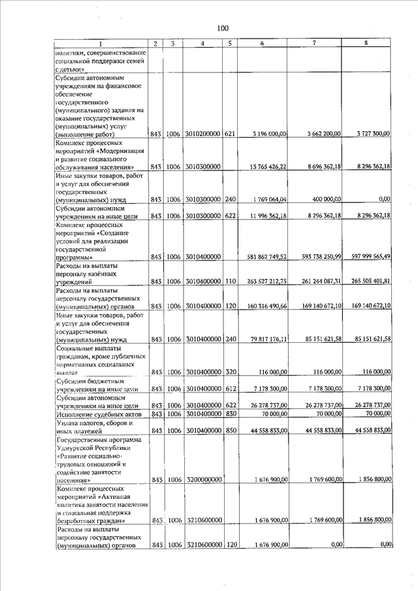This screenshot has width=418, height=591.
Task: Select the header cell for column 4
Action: coord(204,44)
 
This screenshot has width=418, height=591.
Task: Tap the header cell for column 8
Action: coord(371,44)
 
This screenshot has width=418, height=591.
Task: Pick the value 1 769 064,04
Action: coord(268,200)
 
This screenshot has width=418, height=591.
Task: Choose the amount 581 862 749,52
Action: coord(265,257)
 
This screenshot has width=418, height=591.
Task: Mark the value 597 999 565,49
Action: coord(368,257)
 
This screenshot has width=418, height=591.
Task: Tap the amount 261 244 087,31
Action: coord(317,281)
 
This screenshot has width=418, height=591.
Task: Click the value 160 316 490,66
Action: coord(265,306)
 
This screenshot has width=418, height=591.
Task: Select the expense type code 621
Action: coord(229,134)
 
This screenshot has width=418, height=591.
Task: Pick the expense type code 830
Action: coord(229,414)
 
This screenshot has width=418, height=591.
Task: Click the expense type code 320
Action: coord(229,372)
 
